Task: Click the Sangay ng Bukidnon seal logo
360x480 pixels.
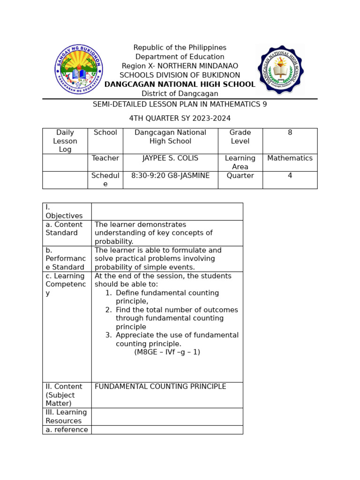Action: coord(78,69)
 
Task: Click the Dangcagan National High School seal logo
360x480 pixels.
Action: coord(280,69)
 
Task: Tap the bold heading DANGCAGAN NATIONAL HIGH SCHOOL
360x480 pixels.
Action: coord(180,84)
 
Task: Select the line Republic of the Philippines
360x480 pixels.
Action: coord(180,48)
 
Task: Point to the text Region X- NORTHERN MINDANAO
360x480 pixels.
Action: coord(180,66)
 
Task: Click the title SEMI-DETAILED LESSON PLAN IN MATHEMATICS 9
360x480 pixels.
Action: coord(180,104)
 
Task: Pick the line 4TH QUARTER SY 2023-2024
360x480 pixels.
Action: coord(180,118)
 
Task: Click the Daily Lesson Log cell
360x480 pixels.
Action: coord(65,141)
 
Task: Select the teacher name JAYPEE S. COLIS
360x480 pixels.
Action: coord(170,158)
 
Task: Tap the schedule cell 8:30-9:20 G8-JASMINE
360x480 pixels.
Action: coord(170,176)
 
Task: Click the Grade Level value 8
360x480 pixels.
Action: coord(290,133)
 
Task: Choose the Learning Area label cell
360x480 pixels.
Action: coord(240,162)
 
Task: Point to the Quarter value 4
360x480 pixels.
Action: coord(290,176)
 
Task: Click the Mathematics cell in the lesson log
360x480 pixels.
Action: coord(290,158)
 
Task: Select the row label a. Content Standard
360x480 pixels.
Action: coord(64,229)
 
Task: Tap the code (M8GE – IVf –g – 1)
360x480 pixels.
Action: coord(167,352)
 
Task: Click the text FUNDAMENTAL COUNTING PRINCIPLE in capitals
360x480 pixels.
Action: coord(160,387)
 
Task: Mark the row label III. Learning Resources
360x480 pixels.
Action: coord(66,417)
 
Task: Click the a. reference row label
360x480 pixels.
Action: coord(67,430)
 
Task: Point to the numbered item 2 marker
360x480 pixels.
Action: coord(108,310)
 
